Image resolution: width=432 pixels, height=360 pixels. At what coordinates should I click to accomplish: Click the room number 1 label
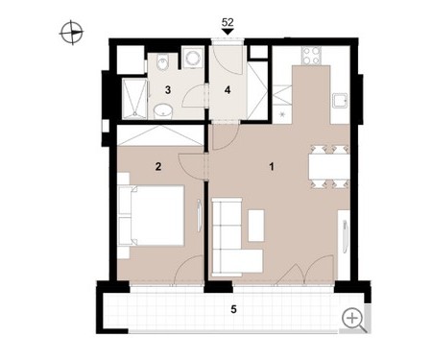272,167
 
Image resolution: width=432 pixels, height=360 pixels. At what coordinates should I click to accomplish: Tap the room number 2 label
158,167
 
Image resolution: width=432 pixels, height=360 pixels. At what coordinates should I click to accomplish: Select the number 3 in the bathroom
168,90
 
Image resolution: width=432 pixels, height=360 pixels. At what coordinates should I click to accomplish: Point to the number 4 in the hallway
228,90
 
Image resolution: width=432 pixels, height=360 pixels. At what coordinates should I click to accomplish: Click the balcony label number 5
234,309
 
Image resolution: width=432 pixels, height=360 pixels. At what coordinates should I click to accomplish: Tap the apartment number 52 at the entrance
228,22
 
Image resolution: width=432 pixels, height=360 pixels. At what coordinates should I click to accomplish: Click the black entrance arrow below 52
228,32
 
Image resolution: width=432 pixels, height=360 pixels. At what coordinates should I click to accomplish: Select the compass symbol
72,33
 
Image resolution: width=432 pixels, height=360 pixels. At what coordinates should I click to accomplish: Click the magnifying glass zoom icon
354,321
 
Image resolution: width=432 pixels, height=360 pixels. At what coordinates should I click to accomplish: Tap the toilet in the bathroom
162,61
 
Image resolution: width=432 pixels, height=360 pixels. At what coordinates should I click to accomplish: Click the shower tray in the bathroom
134,99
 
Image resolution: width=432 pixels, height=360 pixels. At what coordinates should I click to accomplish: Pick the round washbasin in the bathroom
163,111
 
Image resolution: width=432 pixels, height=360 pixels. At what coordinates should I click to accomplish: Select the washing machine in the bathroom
192,58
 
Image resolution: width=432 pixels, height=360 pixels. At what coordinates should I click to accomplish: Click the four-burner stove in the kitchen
311,56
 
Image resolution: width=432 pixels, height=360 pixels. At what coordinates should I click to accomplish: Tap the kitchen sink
340,102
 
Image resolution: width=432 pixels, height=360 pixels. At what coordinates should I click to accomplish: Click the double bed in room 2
152,215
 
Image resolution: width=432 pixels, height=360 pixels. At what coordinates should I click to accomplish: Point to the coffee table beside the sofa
256,226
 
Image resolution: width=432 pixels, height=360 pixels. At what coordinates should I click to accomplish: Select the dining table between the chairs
328,167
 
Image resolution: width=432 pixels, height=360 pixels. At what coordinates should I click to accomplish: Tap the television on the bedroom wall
199,215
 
